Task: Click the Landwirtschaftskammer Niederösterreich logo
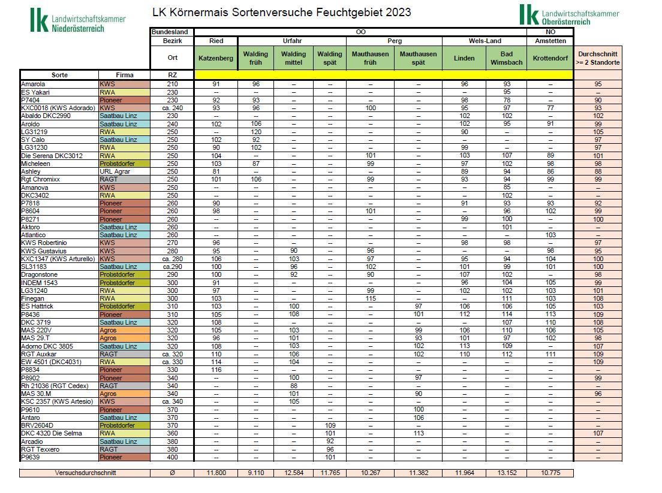[x=78, y=20]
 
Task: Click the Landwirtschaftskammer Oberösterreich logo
[x=568, y=15]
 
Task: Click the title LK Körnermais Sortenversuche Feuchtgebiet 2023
[x=282, y=12]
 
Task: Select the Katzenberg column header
[x=216, y=58]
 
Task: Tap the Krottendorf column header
[x=550, y=58]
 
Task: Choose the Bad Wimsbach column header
[x=507, y=58]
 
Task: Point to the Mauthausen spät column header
[x=419, y=58]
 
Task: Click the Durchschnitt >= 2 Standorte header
[x=598, y=58]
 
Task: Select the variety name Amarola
[x=33, y=84]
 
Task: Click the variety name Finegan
[x=33, y=298]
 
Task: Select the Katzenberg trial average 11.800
[x=216, y=473]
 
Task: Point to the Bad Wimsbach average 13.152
[x=507, y=473]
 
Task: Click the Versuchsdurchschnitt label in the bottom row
[x=85, y=473]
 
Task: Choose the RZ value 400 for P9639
[x=172, y=457]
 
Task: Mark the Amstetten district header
[x=550, y=41]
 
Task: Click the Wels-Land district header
[x=485, y=41]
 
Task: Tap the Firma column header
[x=124, y=75]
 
